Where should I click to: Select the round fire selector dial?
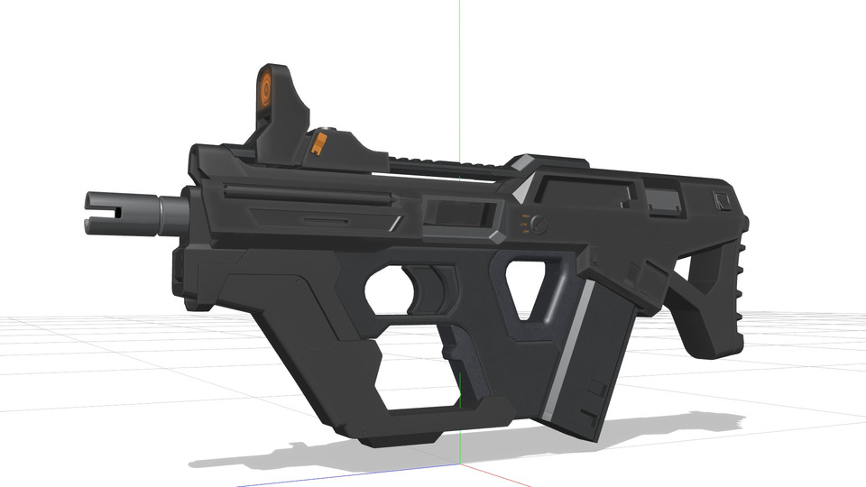click(539, 224)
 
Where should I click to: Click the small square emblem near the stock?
click(721, 200)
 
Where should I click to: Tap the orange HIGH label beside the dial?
click(524, 216)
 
